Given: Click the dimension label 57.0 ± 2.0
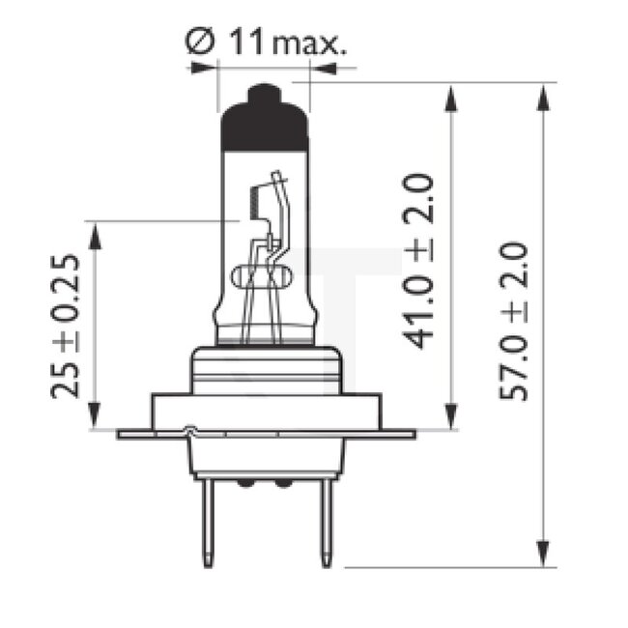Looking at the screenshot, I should pos(514,321).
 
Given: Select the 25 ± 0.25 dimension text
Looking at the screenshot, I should pos(67,327).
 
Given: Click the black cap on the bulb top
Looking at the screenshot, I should pos(265,126).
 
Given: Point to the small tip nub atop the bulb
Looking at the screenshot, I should pos(265,93).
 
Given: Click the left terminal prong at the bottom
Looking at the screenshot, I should pos(208,522).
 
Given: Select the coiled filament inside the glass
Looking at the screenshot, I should pos(254,203).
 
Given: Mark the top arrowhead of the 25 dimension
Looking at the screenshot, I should pos(94,232).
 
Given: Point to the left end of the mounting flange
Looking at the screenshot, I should pos(122,434).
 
